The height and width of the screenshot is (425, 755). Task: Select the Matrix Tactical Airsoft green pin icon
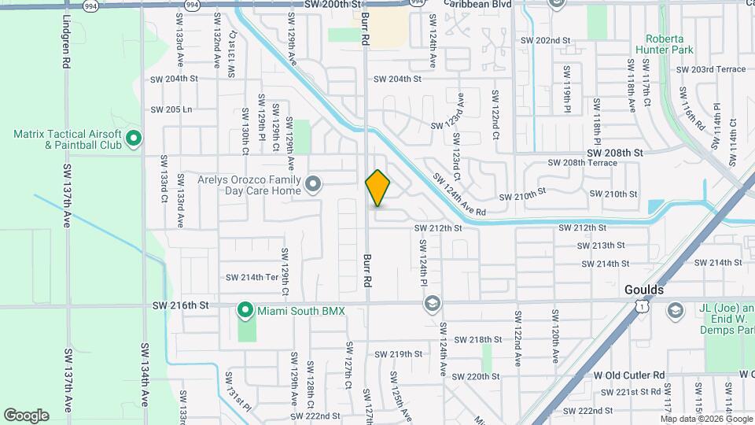(x=134, y=139)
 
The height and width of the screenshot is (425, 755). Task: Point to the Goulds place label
(x=644, y=289)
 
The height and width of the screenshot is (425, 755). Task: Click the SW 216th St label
(x=180, y=304)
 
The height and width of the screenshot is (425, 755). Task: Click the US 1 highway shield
(x=643, y=304)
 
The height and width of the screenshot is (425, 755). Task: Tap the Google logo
(x=26, y=415)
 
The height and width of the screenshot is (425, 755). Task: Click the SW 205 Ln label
(x=171, y=109)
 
